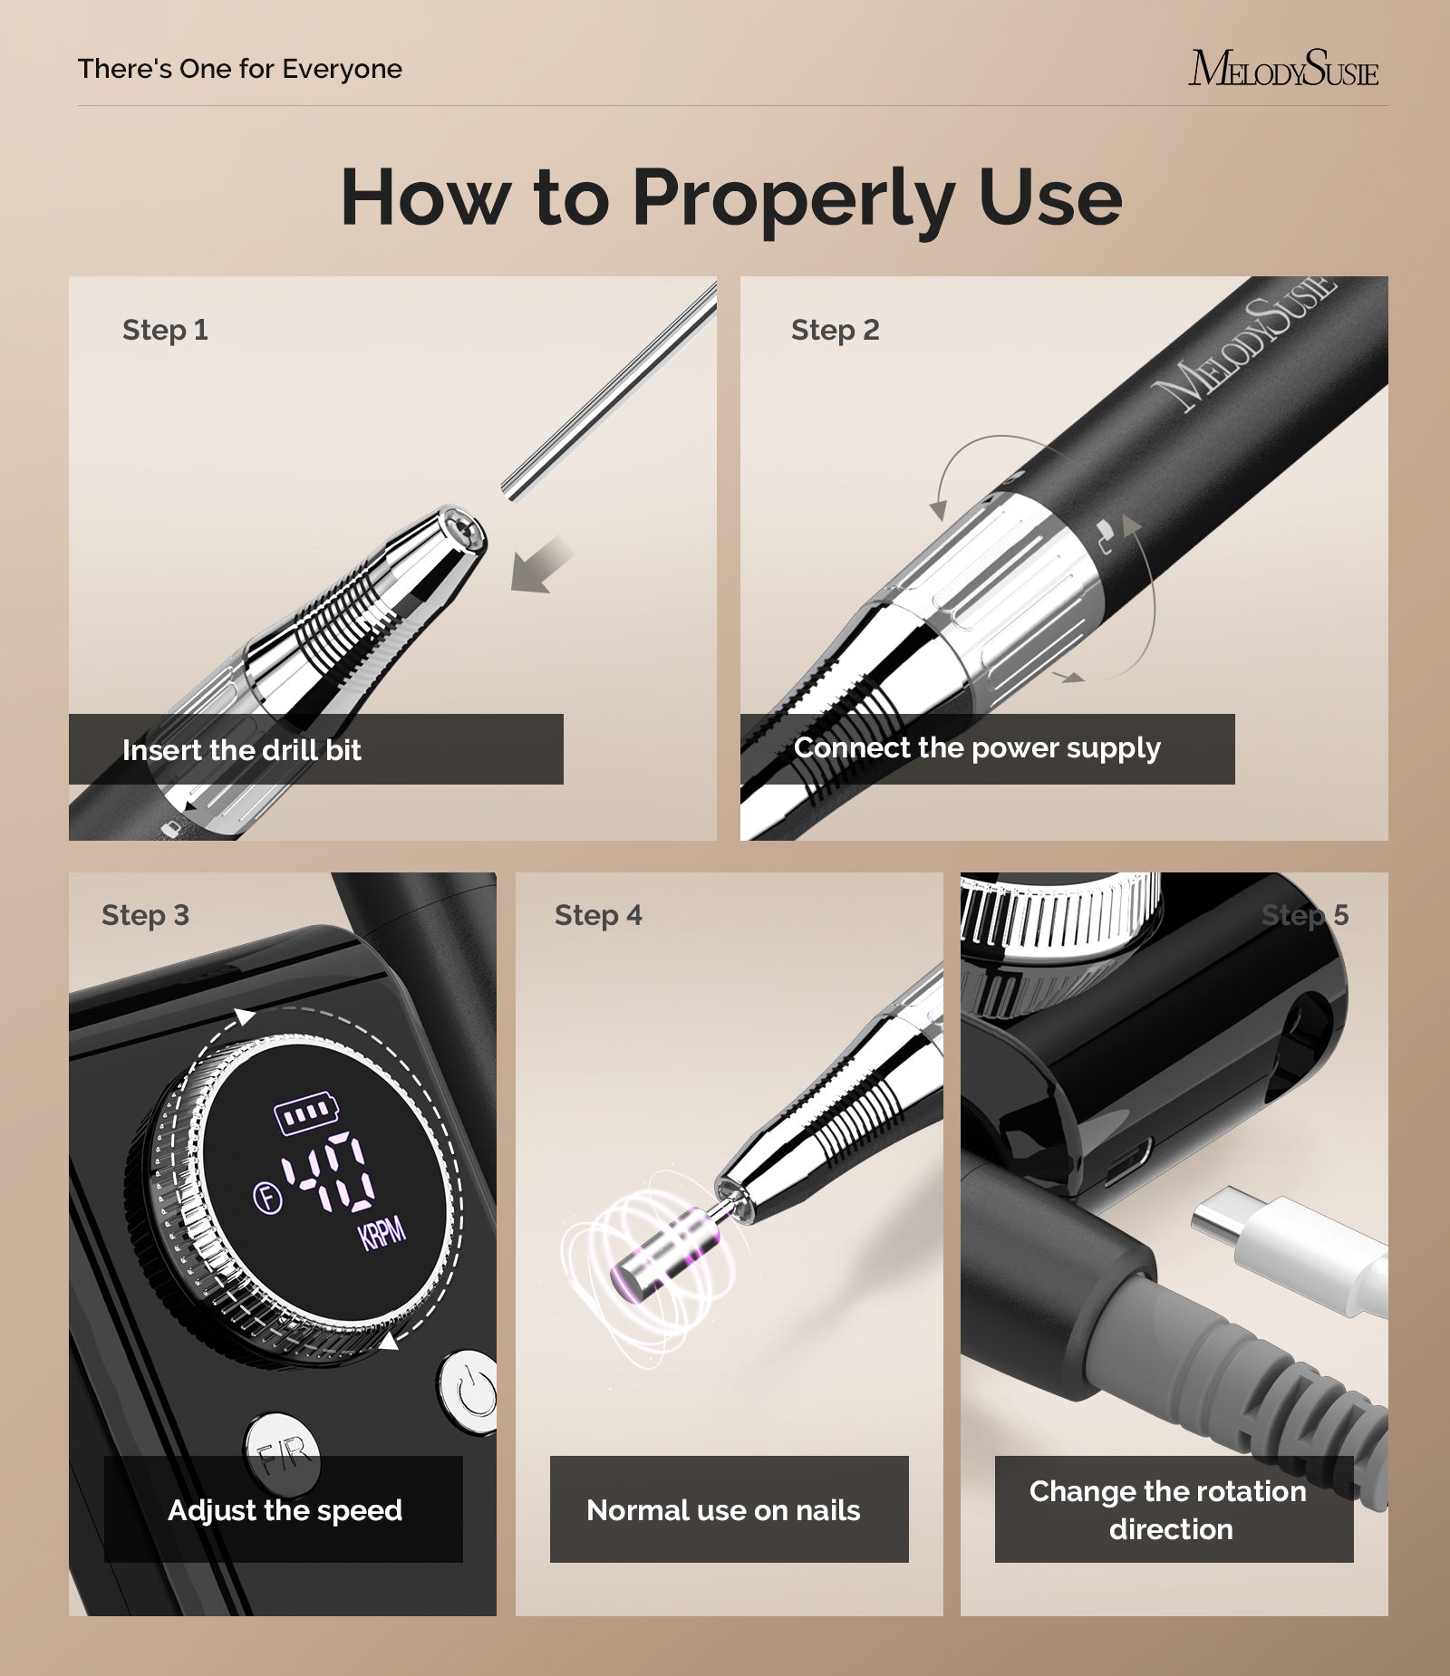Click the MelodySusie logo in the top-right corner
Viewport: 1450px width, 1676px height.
tap(1283, 69)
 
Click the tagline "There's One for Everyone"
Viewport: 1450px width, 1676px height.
tap(240, 69)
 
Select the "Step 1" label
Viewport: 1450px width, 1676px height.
tap(165, 330)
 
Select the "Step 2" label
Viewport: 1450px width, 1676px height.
tap(835, 330)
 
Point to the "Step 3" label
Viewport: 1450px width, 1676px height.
tap(145, 915)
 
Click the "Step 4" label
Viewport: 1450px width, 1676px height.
tap(598, 915)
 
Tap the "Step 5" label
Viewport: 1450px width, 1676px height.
tap(1305, 915)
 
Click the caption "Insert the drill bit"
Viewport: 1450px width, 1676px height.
tap(242, 750)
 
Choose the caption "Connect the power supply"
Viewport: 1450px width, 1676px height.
tap(977, 748)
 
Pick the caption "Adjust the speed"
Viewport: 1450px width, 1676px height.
tap(285, 1510)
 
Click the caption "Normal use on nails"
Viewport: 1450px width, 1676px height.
tap(723, 1510)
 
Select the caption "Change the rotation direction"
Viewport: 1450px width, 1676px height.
tap(1169, 1510)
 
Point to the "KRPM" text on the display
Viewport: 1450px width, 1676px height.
tap(382, 1234)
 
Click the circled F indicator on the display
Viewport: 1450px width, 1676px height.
tap(266, 1199)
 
